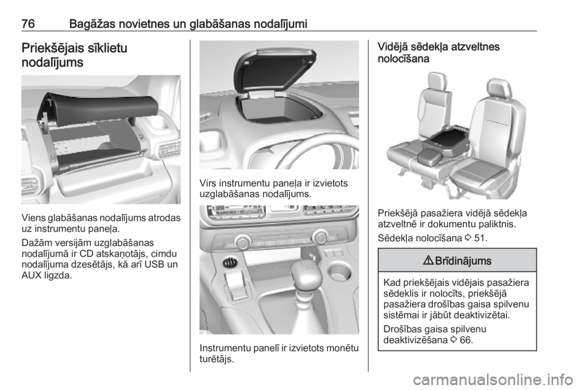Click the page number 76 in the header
(x=29, y=24)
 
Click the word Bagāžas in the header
(x=92, y=24)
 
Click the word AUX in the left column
(x=32, y=276)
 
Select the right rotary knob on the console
(x=320, y=237)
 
